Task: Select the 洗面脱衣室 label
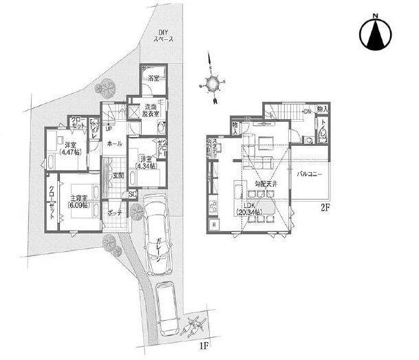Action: click(151, 109)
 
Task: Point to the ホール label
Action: click(115, 143)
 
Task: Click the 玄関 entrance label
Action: click(118, 176)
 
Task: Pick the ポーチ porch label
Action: click(115, 213)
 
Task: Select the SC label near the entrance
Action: click(132, 195)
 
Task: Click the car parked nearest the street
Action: click(168, 301)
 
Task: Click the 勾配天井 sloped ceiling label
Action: click(263, 185)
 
